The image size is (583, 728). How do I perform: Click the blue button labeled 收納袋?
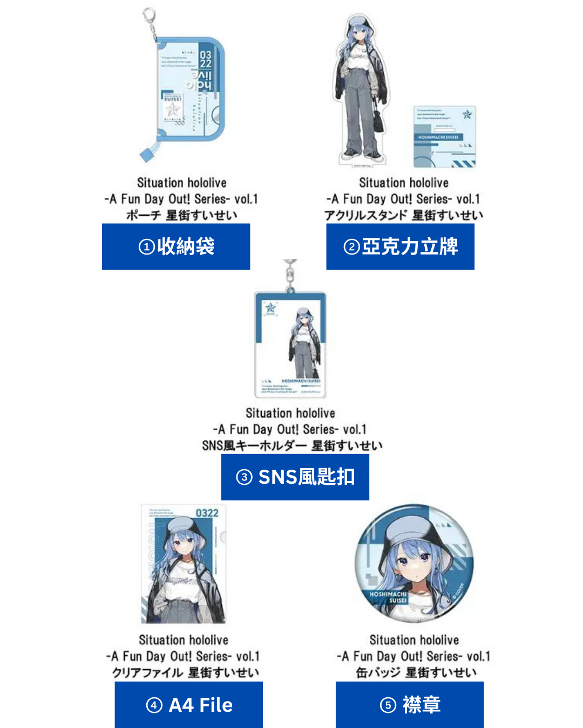pyautogui.click(x=176, y=246)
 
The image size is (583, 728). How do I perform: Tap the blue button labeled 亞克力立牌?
pyautogui.click(x=400, y=246)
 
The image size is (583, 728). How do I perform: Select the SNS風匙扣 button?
pyautogui.click(x=295, y=477)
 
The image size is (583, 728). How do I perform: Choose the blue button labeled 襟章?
pyautogui.click(x=409, y=705)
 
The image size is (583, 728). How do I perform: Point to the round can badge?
pyautogui.click(x=415, y=564)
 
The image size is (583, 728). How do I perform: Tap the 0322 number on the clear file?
pyautogui.click(x=207, y=513)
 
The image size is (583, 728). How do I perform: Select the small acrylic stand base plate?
pyautogui.click(x=444, y=136)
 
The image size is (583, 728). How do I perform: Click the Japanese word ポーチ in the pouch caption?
pyautogui.click(x=144, y=216)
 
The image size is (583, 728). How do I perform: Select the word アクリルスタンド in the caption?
pyautogui.click(x=366, y=216)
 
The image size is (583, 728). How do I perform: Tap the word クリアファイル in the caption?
pyautogui.click(x=148, y=673)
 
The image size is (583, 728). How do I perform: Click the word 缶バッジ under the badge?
pyautogui.click(x=378, y=673)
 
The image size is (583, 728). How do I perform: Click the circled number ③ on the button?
pyautogui.click(x=245, y=477)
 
